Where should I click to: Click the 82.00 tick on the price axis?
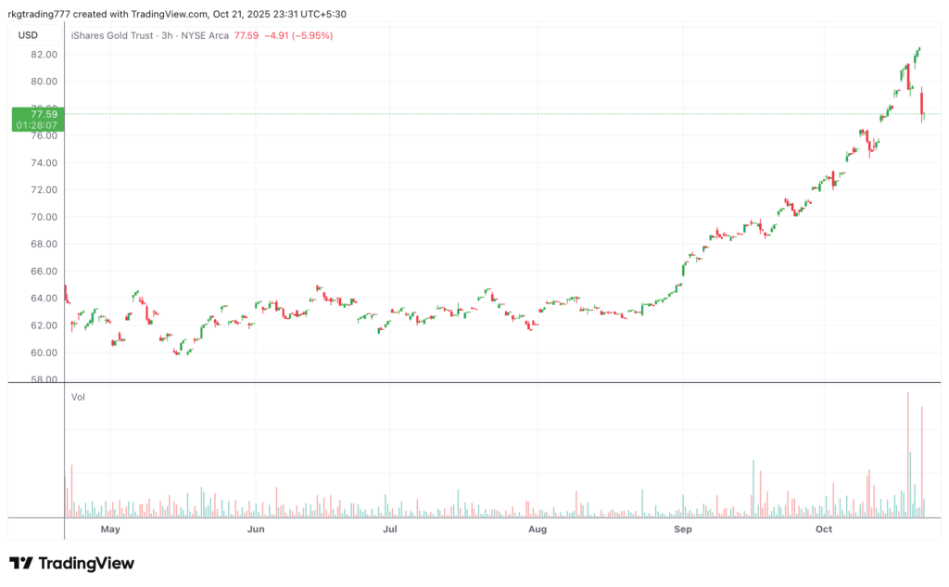coord(44,55)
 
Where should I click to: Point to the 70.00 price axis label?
coord(44,217)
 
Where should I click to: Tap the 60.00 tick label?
coord(44,352)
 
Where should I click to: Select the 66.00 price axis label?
coord(44,272)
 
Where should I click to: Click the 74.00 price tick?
coord(44,163)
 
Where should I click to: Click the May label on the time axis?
coord(110,530)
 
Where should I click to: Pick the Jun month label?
coord(257,530)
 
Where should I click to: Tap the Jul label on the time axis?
coord(390,530)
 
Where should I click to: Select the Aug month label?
coord(537,530)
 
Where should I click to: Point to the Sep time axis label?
coord(683,530)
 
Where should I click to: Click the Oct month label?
coord(823,530)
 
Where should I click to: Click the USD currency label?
coord(28,35)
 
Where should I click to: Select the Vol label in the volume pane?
coord(79,397)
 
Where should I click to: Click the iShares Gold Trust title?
coord(110,35)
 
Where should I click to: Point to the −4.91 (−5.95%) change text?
coord(298,35)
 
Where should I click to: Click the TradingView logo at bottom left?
coord(71,563)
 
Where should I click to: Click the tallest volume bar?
coord(908,454)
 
